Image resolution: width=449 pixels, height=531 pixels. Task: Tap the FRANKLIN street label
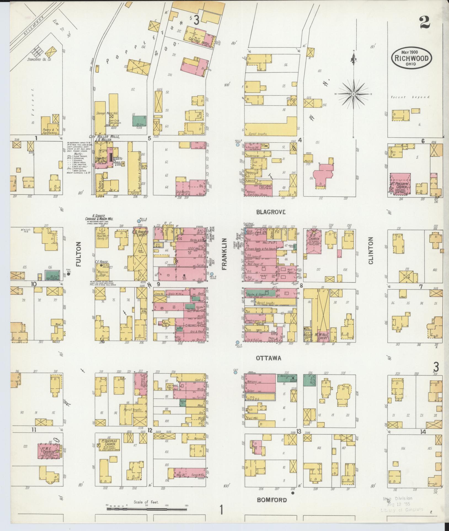224,254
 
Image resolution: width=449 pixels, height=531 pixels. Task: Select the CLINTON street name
370,250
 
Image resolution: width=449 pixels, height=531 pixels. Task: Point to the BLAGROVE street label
271,212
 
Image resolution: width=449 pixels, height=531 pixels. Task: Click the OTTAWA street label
268,358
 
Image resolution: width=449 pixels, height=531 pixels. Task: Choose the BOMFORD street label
272,500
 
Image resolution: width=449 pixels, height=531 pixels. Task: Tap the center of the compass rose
353,94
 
